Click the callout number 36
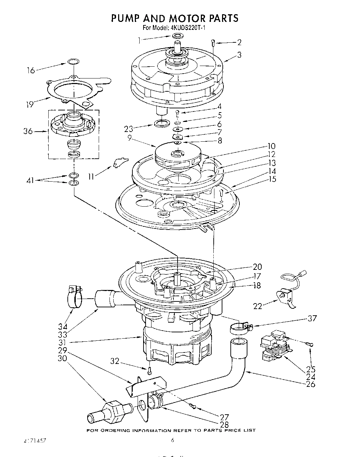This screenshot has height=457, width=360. coord(28,131)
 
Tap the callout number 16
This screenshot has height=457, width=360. coord(31,70)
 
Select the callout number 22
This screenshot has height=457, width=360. coord(257,306)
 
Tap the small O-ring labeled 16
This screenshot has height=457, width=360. coord(72,62)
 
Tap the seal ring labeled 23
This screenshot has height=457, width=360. coord(161,123)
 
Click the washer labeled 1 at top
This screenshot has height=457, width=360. coord(177,36)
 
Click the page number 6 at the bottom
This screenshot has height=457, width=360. coord(172,440)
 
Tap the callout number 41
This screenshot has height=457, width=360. coord(31,180)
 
